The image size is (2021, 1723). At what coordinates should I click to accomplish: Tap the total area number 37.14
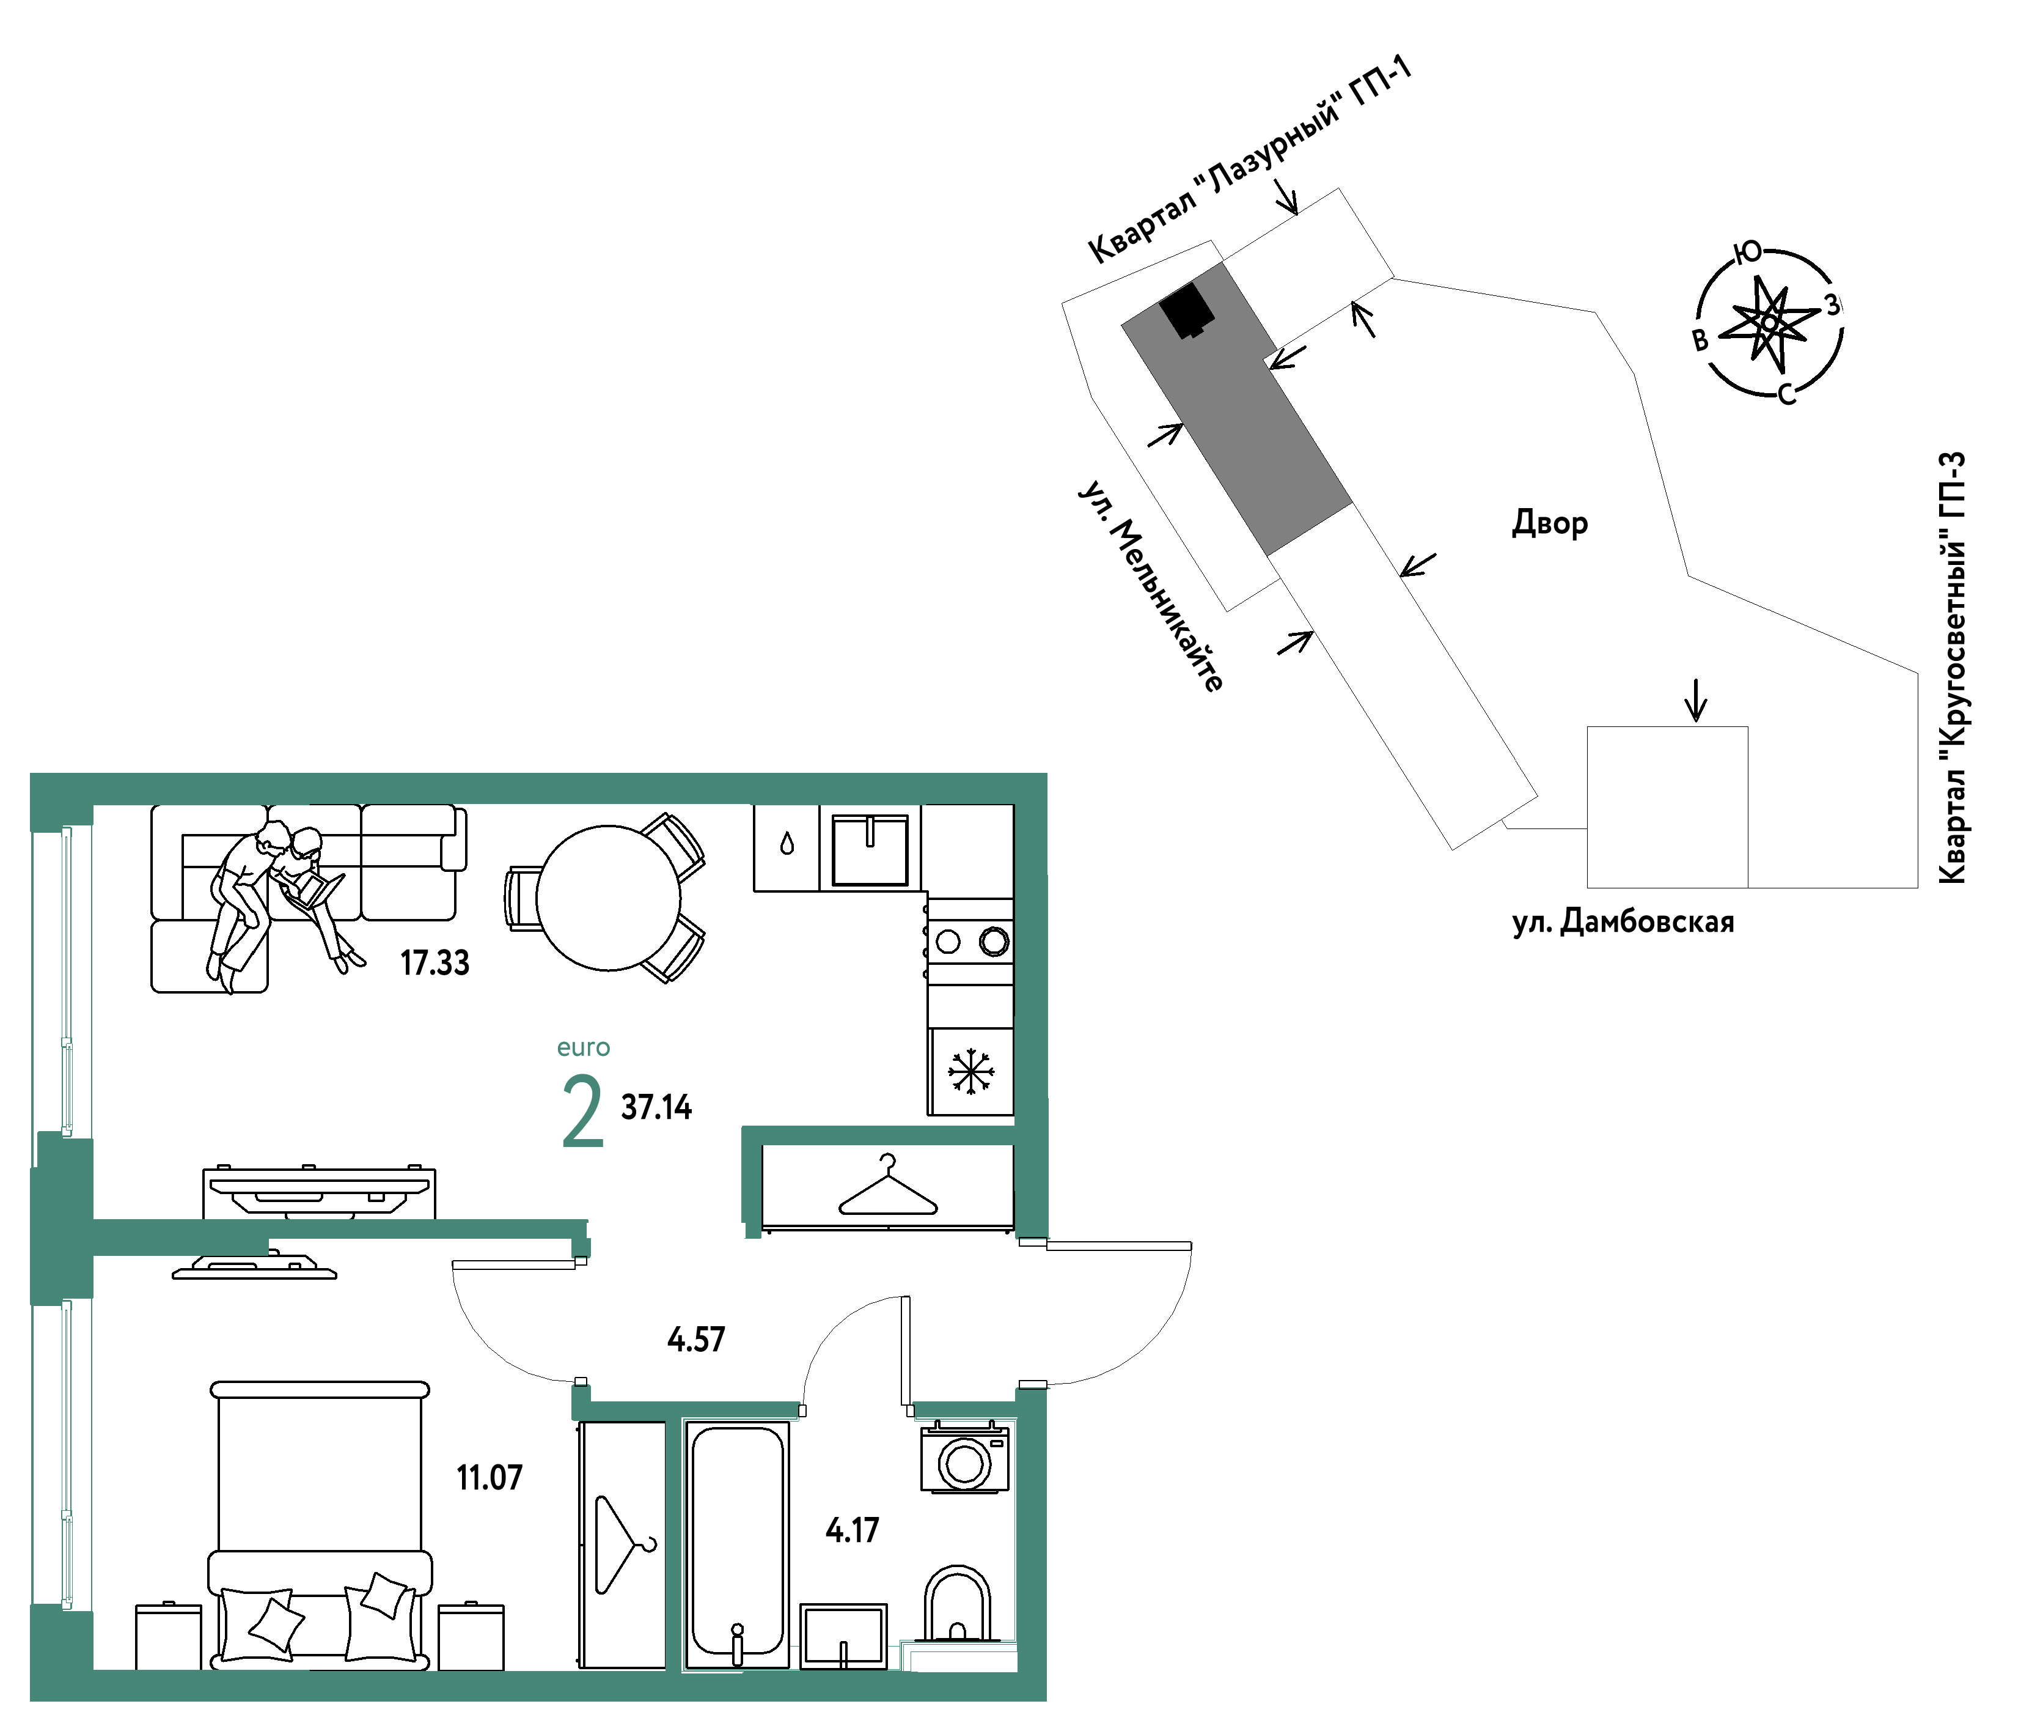(x=656, y=1107)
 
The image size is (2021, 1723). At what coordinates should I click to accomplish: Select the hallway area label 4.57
(x=697, y=1340)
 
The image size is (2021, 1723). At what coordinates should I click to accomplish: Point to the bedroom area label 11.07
(x=490, y=1478)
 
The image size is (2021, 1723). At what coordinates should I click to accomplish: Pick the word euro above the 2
(x=583, y=1048)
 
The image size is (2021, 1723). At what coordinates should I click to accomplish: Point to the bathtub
(x=738, y=1544)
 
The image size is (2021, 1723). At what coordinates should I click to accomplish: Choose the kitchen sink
(x=870, y=850)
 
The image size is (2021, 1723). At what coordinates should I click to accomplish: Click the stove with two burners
(x=970, y=942)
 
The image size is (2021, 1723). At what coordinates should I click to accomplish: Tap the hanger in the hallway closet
(x=887, y=1186)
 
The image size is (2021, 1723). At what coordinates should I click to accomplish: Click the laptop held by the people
(x=318, y=890)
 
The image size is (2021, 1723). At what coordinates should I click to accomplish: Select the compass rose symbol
(x=1769, y=323)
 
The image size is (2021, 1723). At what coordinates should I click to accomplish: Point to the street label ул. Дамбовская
(x=1623, y=922)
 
